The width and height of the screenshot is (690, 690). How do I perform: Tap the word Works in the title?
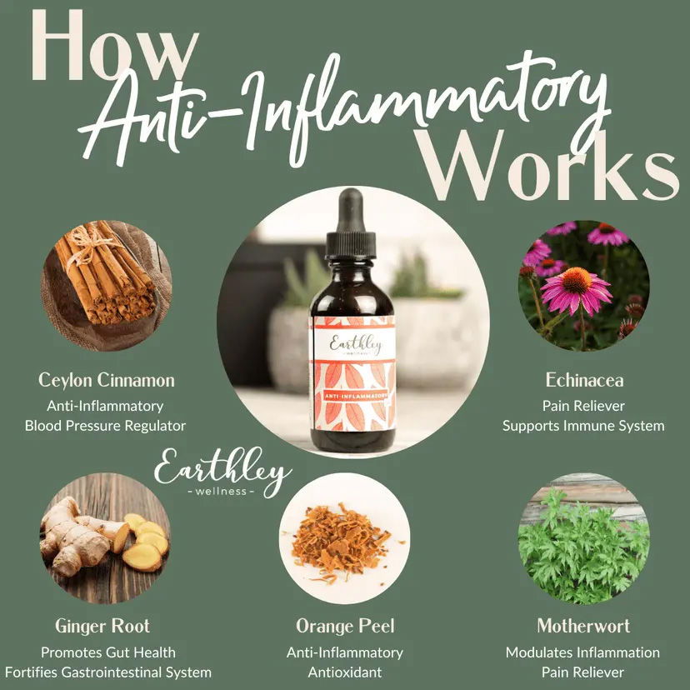tap(547, 165)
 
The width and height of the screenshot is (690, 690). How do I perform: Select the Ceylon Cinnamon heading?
tap(107, 381)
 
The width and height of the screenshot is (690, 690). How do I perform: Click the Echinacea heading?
tap(584, 380)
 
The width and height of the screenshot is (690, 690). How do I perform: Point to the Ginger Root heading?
tap(102, 626)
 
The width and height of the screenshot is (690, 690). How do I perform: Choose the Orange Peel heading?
tap(345, 626)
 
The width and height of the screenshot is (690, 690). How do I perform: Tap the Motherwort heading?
tap(583, 626)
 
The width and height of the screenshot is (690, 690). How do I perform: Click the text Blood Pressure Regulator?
tap(105, 426)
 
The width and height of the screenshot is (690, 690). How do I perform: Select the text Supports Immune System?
tap(583, 426)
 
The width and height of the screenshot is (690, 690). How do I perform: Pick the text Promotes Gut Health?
tap(108, 652)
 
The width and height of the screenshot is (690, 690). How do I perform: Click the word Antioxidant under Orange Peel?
tap(345, 672)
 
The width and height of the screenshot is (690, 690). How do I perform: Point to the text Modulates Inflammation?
tap(582, 652)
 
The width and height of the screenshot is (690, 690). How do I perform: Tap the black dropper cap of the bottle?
tap(350, 224)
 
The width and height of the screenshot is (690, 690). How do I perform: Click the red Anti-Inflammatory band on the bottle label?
tap(355, 396)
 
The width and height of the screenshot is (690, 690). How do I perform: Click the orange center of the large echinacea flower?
tap(577, 280)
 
